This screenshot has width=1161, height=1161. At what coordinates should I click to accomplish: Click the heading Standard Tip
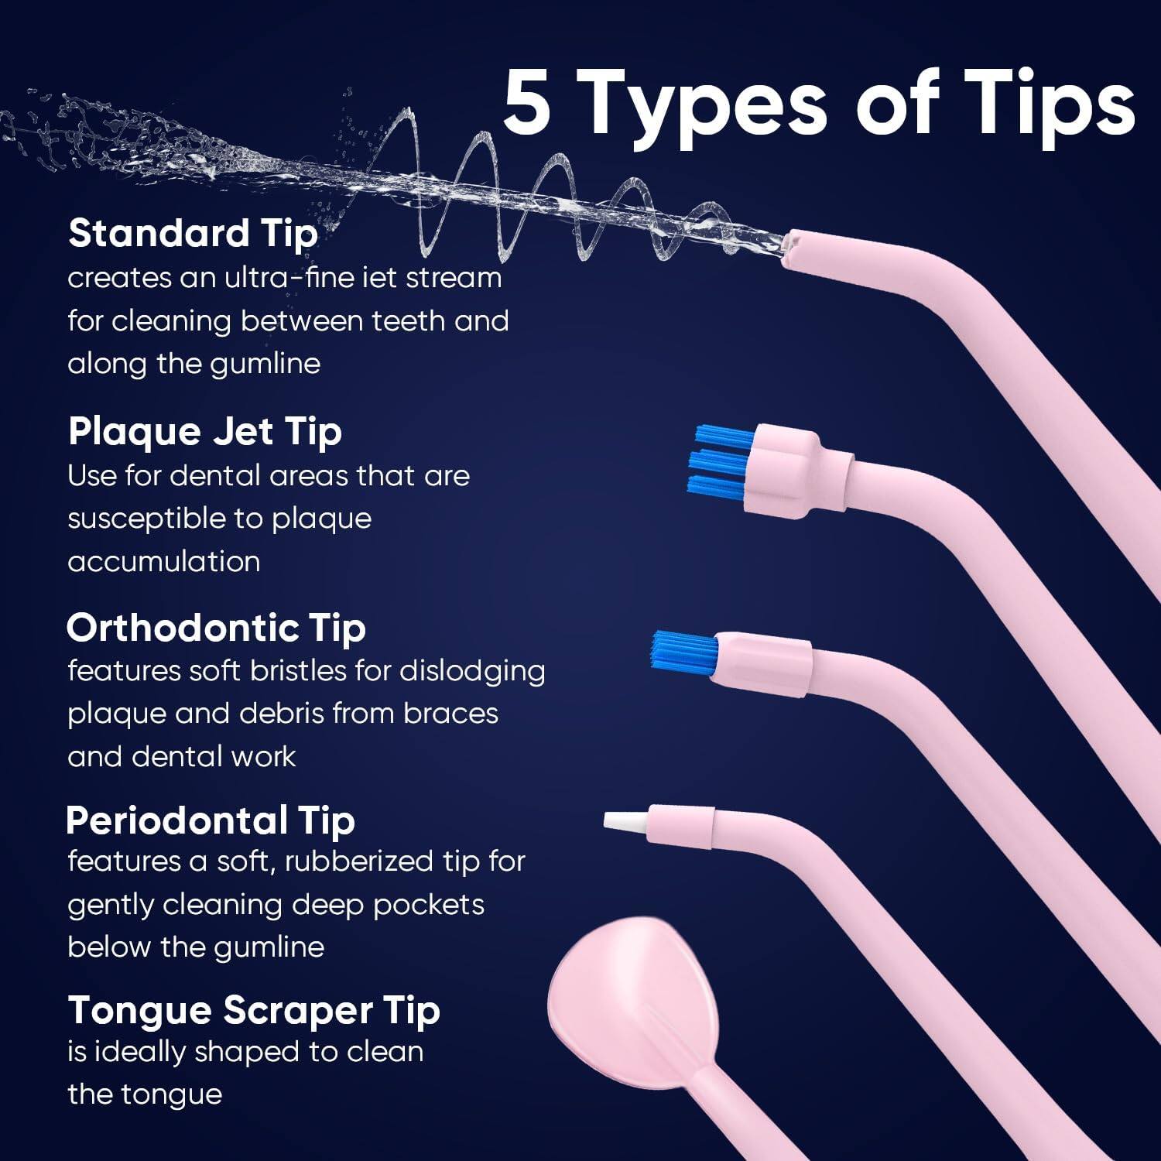tap(193, 233)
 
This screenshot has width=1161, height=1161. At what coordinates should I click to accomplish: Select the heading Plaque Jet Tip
tap(204, 431)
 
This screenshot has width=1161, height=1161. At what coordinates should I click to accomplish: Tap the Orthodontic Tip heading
tap(216, 628)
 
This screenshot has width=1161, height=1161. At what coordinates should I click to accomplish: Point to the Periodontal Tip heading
tap(210, 820)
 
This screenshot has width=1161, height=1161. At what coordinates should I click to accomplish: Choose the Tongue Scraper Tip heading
tap(253, 1011)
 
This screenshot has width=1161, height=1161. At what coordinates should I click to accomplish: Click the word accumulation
tap(163, 561)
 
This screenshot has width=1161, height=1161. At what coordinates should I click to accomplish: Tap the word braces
tap(450, 713)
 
